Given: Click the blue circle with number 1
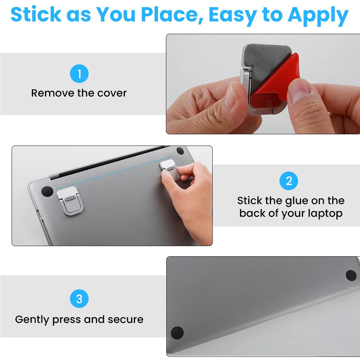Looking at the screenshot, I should (79, 74).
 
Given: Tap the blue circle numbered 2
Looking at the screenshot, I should (289, 181).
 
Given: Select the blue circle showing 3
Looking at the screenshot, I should (79, 299).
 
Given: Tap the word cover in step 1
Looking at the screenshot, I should (112, 93).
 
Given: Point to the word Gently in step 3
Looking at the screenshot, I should (32, 320).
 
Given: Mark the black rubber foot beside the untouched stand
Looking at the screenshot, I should (47, 192).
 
